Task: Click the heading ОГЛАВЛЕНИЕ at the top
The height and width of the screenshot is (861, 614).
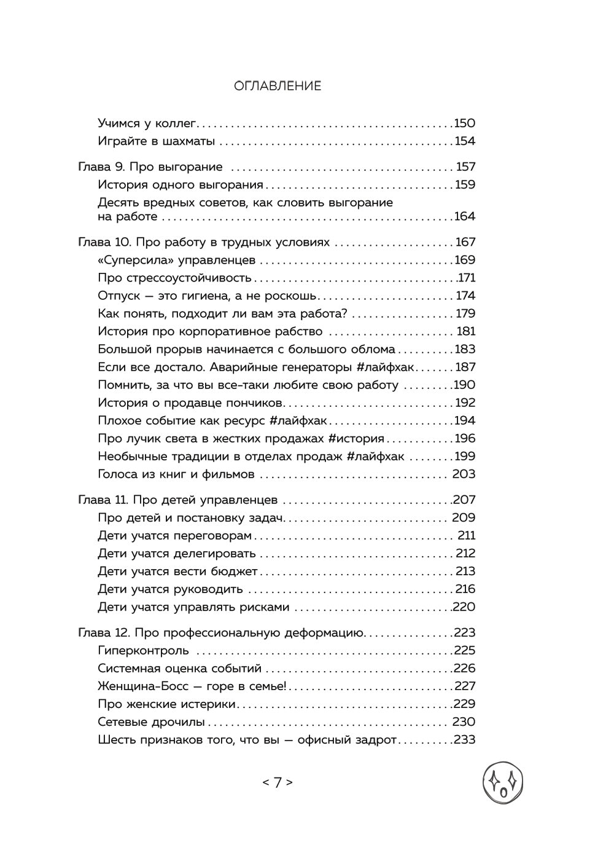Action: coord(278,86)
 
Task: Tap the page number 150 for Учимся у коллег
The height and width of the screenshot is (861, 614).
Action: coord(464,123)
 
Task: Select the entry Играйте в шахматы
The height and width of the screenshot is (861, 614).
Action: coord(156,141)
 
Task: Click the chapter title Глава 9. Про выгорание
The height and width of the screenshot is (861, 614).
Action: coord(150,167)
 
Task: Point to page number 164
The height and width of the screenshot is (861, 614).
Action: coord(464,216)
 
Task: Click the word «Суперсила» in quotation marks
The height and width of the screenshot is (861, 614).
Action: coord(132,260)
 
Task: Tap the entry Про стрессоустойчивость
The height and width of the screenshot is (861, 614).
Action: coord(174,278)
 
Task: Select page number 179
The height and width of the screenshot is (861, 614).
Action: coord(465,313)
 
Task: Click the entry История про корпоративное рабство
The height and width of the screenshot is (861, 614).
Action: coord(210,331)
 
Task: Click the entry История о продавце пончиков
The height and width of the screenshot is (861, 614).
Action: coord(190,403)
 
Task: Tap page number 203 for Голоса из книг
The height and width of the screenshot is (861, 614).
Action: coord(464,474)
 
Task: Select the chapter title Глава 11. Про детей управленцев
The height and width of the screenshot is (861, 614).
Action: coord(178,500)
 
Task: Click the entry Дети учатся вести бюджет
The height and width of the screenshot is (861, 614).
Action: coord(177,571)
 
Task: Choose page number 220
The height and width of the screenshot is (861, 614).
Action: coord(464,607)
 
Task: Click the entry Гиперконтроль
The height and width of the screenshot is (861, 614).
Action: coord(143,650)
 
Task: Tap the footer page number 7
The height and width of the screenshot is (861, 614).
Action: coord(278,782)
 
